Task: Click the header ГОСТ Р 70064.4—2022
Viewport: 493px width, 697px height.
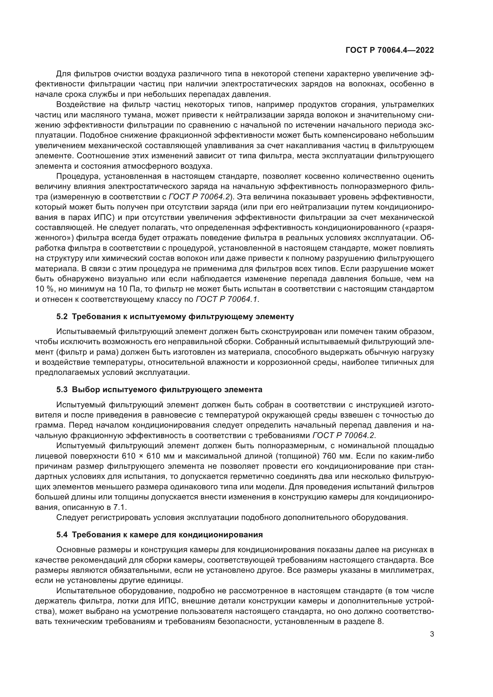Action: (390, 50)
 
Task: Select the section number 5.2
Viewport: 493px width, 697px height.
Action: (62, 317)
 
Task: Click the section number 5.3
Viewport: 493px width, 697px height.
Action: (62, 389)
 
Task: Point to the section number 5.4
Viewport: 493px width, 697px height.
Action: (62, 535)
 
